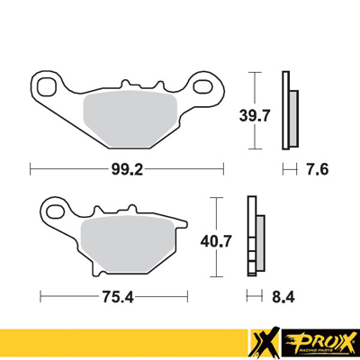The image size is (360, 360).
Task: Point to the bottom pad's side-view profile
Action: pos(256,239)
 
